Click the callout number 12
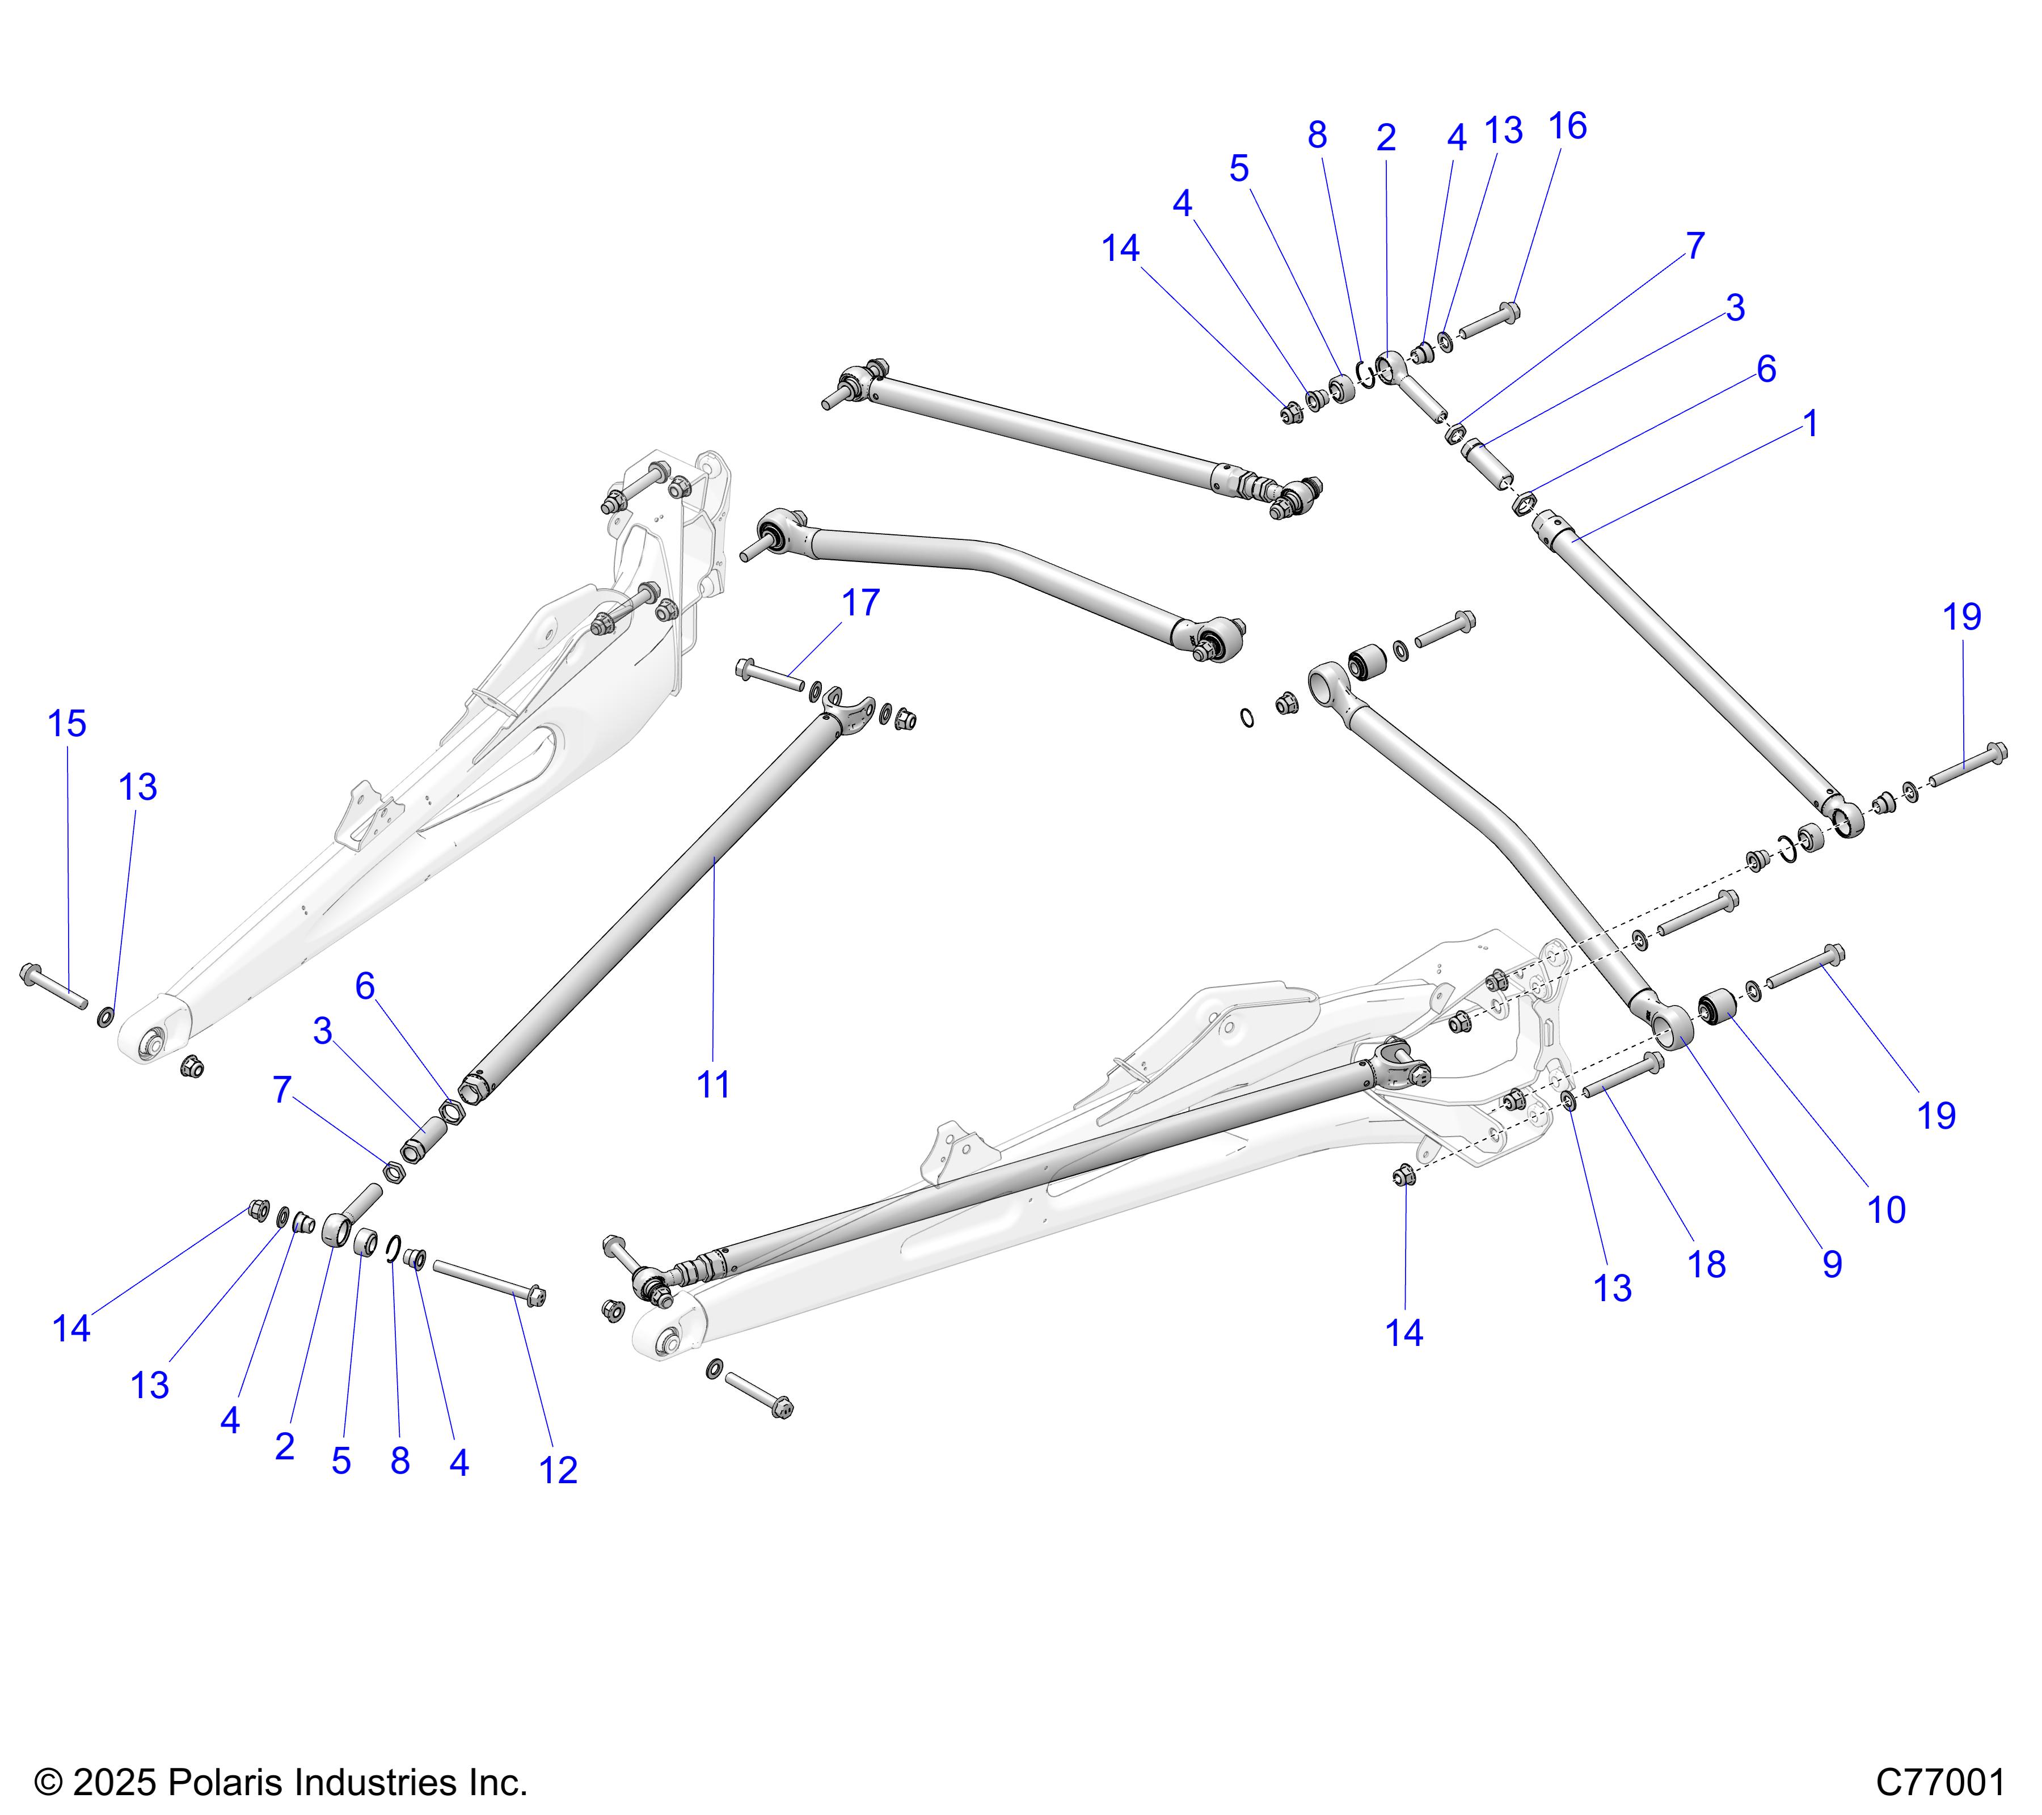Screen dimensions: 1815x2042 [x=559, y=1470]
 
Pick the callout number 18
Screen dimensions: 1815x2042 [x=1706, y=1265]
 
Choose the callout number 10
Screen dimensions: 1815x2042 [x=1886, y=1210]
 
